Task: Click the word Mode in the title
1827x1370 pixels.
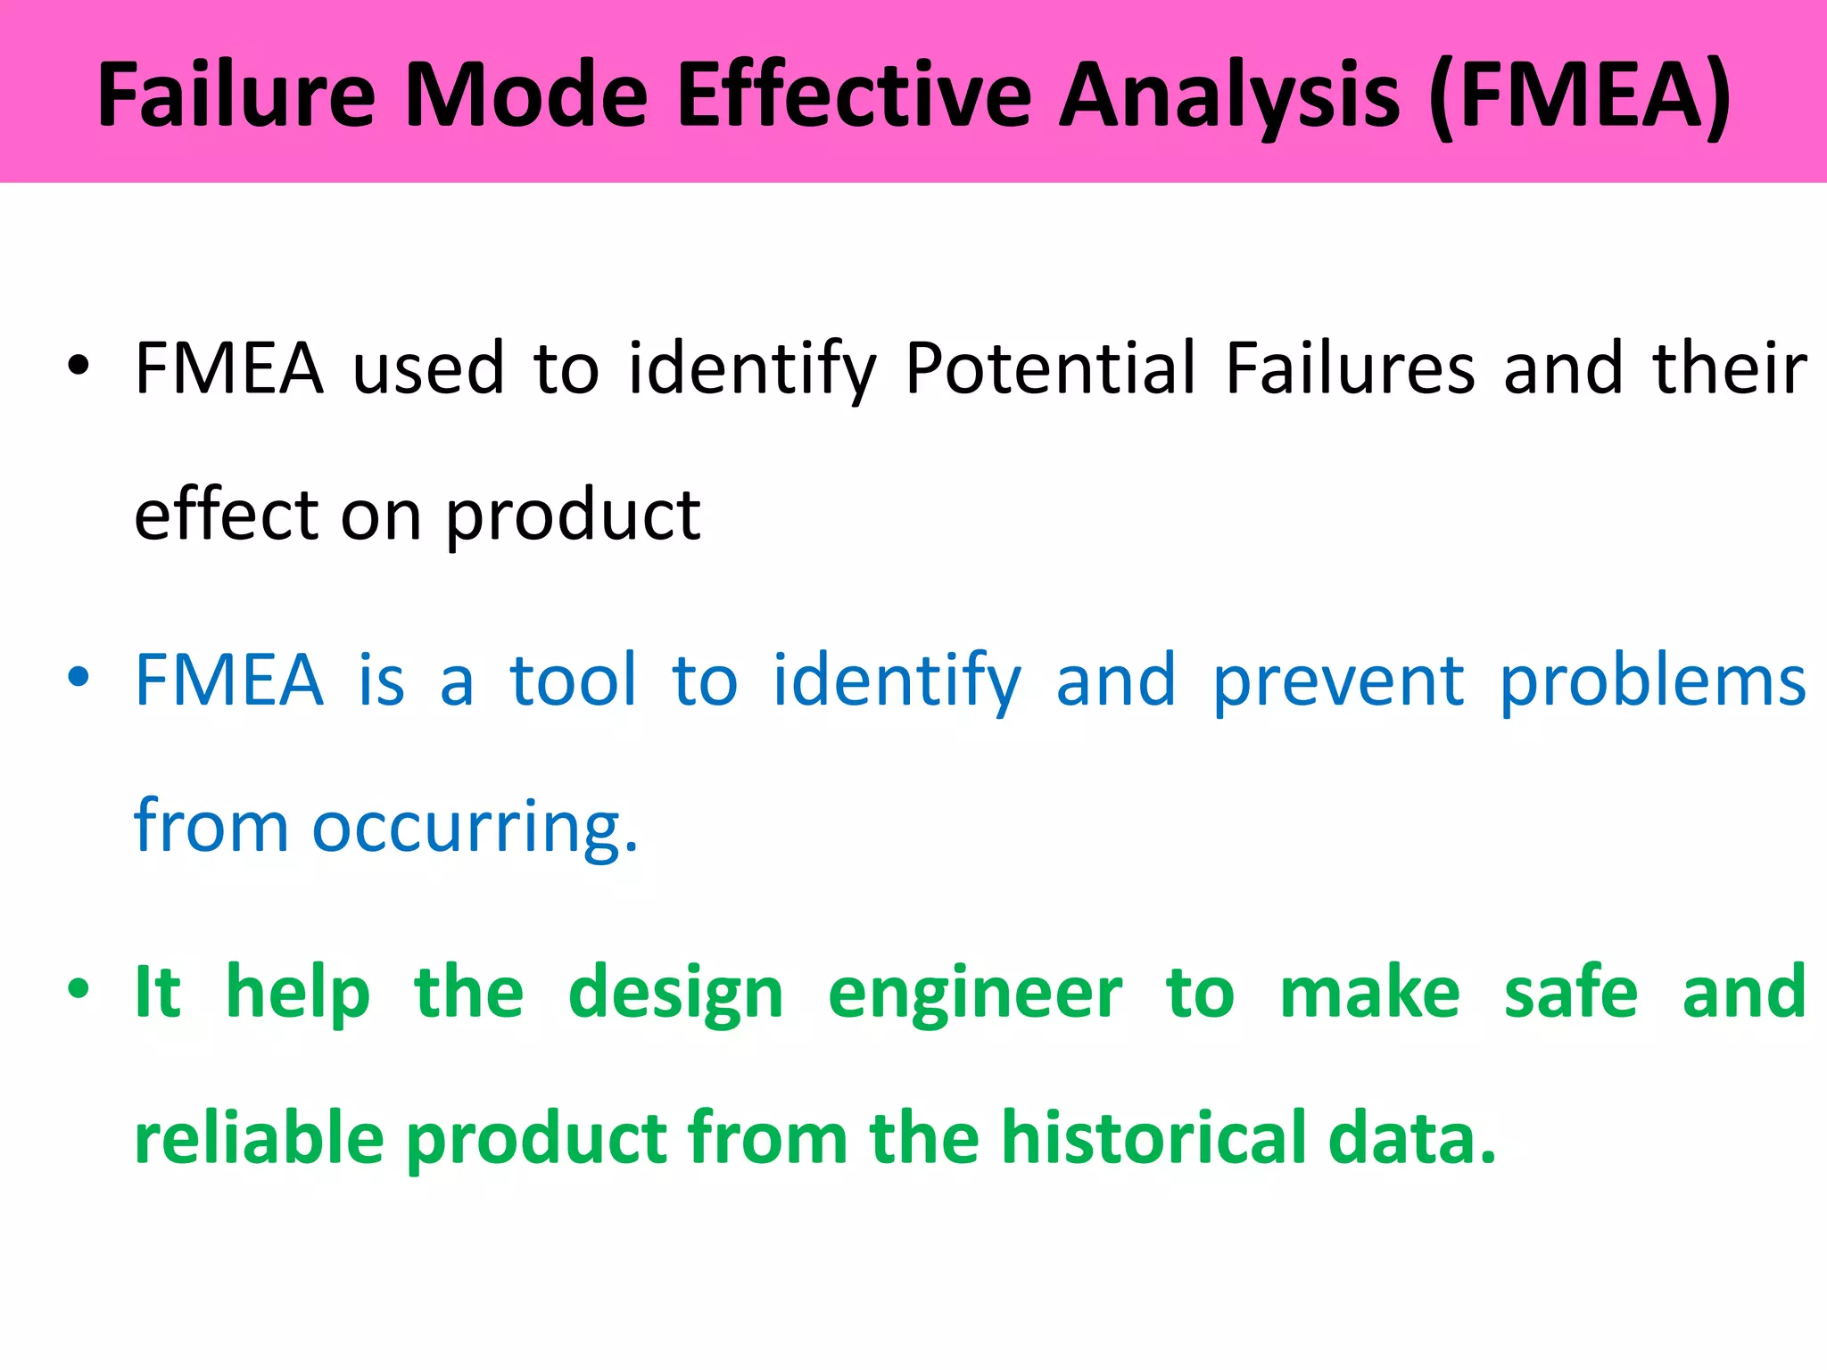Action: [x=526, y=95]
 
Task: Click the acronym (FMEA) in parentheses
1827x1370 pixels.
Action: [x=1579, y=95]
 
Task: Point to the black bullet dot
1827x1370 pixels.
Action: [x=79, y=366]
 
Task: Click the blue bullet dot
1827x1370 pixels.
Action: [x=79, y=678]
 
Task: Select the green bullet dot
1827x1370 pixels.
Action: [x=79, y=989]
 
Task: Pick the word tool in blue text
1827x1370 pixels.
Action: [x=574, y=680]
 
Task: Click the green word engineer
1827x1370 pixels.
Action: [x=975, y=993]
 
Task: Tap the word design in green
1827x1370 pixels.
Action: [x=675, y=993]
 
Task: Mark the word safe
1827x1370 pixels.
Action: [x=1571, y=991]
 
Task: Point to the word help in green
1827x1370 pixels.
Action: [x=297, y=993]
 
